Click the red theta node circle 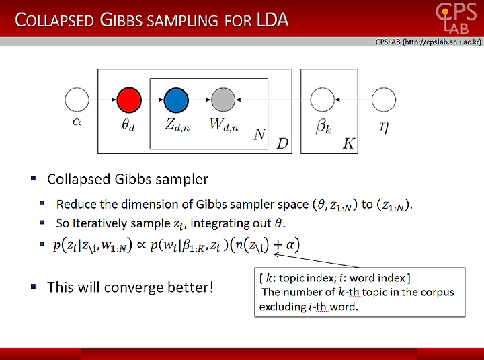click(x=129, y=100)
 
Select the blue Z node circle click(x=176, y=100)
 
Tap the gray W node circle click(x=223, y=100)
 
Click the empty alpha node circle click(x=77, y=100)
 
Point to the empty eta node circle click(x=384, y=100)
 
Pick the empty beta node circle click(x=322, y=100)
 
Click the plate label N click(x=259, y=134)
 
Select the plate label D click(x=282, y=143)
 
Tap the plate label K click(x=348, y=143)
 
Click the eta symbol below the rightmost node click(x=384, y=126)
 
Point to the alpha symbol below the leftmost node click(x=77, y=122)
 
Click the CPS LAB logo click(x=456, y=18)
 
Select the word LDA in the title click(x=272, y=20)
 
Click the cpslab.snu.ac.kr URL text click(x=442, y=42)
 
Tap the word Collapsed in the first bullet click(x=79, y=180)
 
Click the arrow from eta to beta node click(x=353, y=100)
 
